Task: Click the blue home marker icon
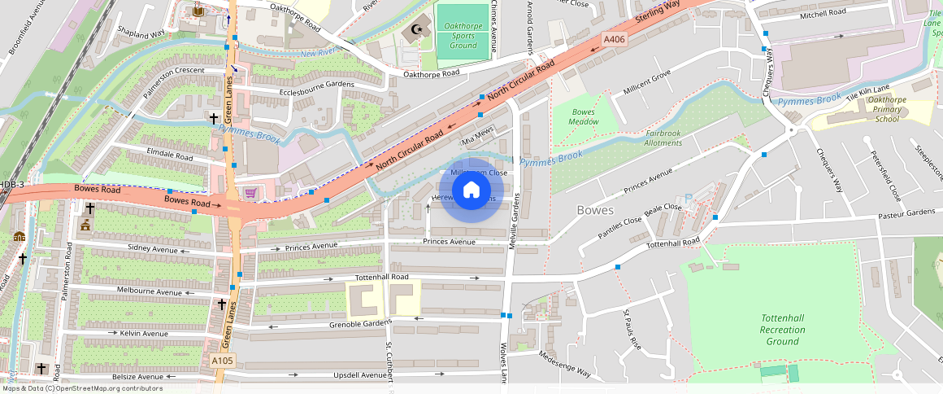click(x=471, y=190)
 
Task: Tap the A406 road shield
click(x=615, y=39)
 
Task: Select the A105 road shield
click(x=222, y=361)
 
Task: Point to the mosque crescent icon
click(x=418, y=31)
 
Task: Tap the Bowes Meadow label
click(x=584, y=116)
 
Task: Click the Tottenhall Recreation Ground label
click(x=782, y=330)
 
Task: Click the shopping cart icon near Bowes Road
click(x=250, y=193)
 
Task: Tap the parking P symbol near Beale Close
click(x=689, y=198)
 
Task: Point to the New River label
click(x=319, y=54)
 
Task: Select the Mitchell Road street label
click(x=823, y=13)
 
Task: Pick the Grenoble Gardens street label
click(x=360, y=323)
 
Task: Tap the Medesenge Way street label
click(x=564, y=363)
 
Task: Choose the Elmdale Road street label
click(x=170, y=156)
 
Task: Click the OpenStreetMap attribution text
click(x=82, y=388)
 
